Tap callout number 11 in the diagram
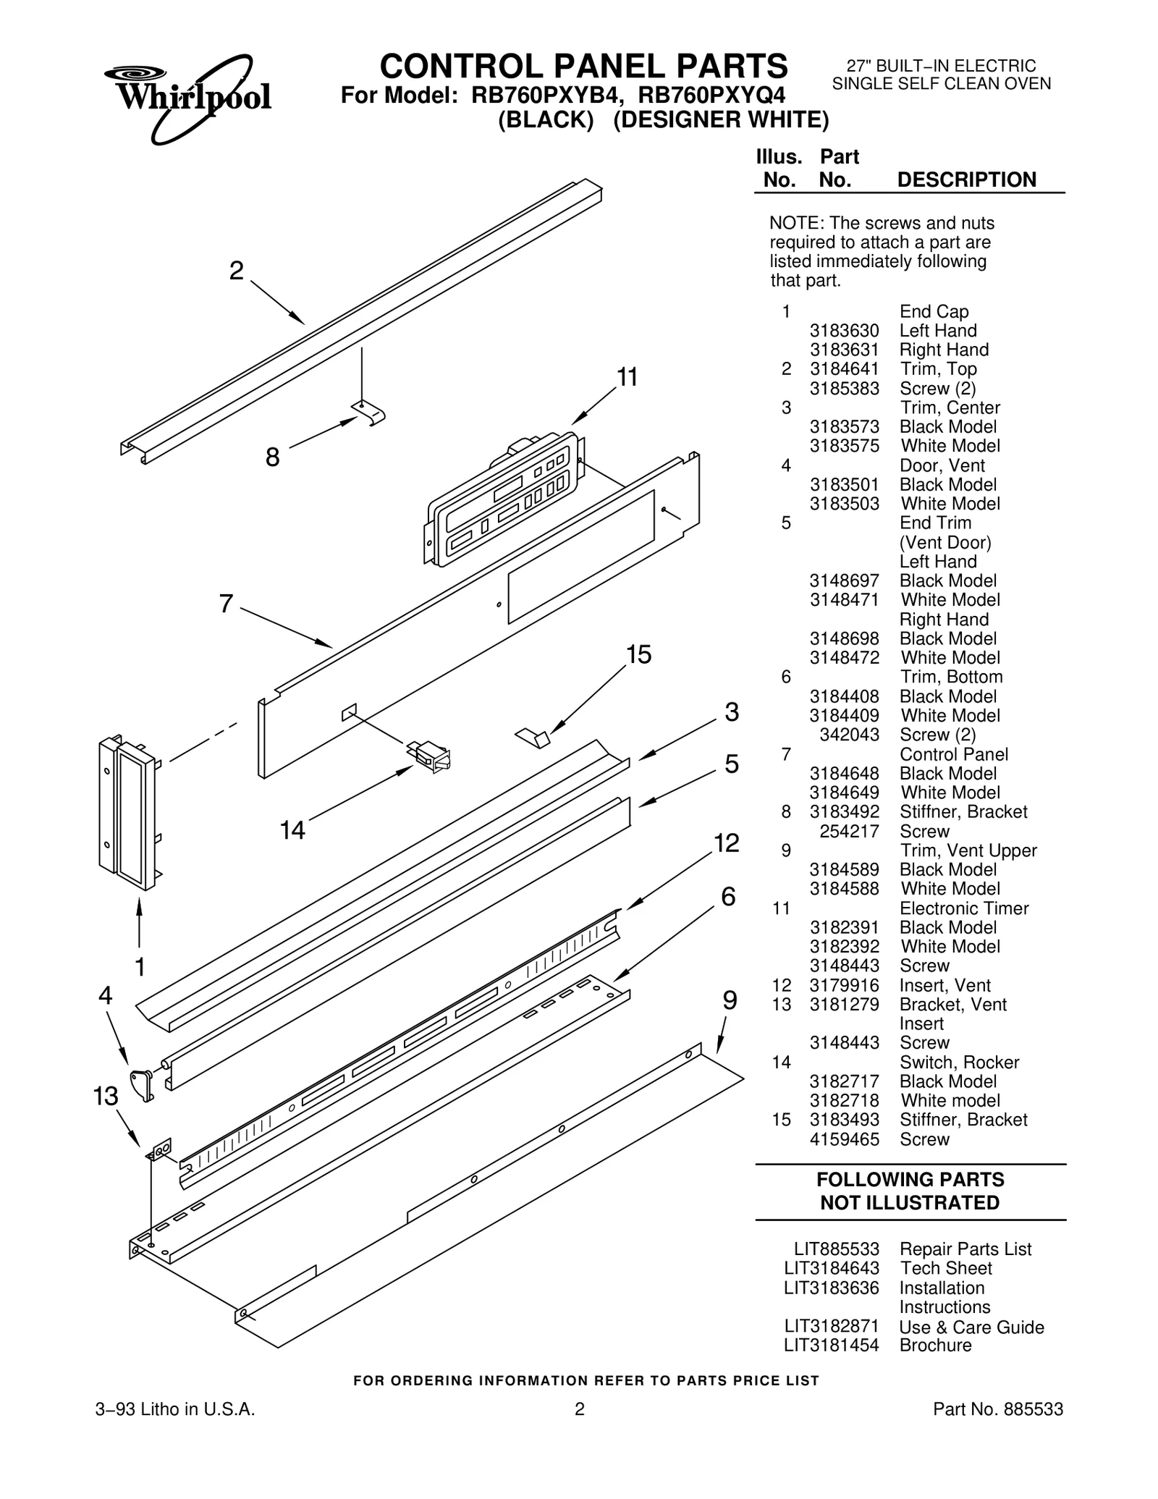627,378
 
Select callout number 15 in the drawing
638,655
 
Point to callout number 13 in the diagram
106,1097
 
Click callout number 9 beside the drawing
730,1001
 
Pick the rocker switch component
431,756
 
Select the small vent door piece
142,1083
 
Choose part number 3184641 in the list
844,369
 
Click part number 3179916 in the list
844,986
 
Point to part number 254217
849,832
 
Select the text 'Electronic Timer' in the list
963,908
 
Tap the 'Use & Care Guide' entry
971,1327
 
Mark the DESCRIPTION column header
966,180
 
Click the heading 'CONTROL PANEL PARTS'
583,67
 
